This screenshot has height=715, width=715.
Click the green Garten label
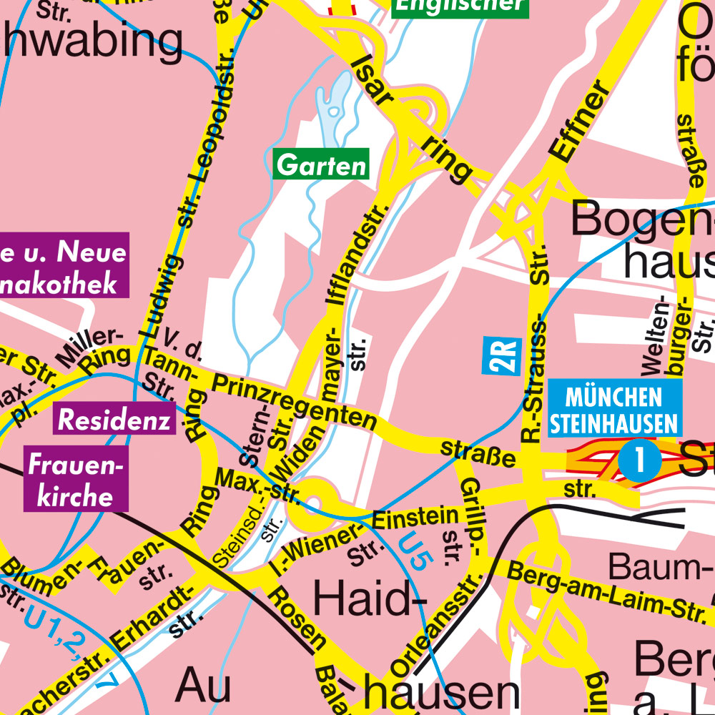point(321,164)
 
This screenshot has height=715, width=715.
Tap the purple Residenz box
point(114,419)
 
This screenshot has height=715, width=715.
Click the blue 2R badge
point(503,355)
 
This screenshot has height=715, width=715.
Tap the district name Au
point(203,686)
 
